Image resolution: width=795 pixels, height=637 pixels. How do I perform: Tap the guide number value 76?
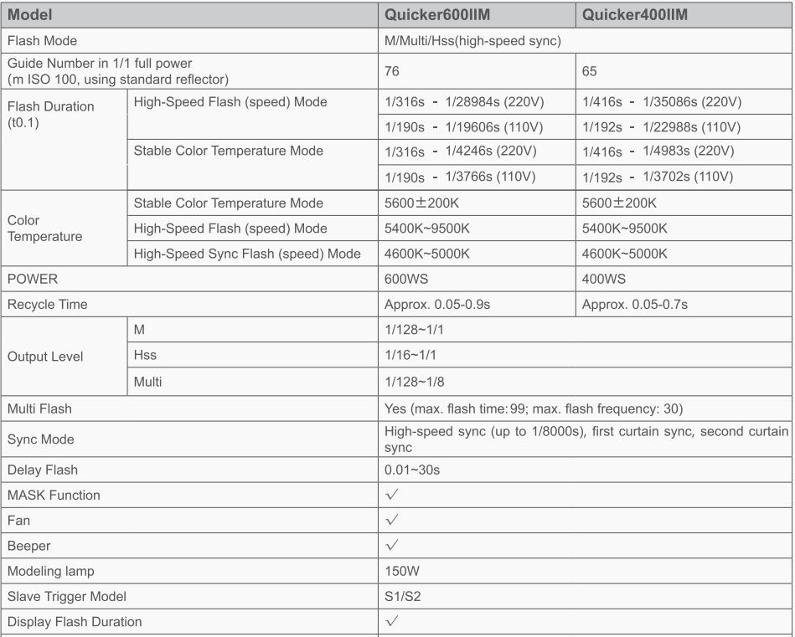[392, 72]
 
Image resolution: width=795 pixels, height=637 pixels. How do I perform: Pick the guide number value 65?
[590, 72]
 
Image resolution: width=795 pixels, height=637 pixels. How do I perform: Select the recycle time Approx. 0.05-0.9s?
[437, 305]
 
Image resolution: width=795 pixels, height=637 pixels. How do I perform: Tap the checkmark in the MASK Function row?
[391, 496]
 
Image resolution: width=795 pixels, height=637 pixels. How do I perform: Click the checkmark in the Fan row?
[391, 521]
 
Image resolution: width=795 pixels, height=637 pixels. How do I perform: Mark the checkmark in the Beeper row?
[391, 546]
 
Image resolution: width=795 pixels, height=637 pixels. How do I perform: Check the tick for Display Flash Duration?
[391, 622]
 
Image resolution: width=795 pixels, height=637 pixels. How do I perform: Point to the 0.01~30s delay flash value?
[412, 470]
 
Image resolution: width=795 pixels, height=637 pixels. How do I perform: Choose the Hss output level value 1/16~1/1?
[410, 356]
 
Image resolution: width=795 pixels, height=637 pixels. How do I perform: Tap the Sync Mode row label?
[40, 439]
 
